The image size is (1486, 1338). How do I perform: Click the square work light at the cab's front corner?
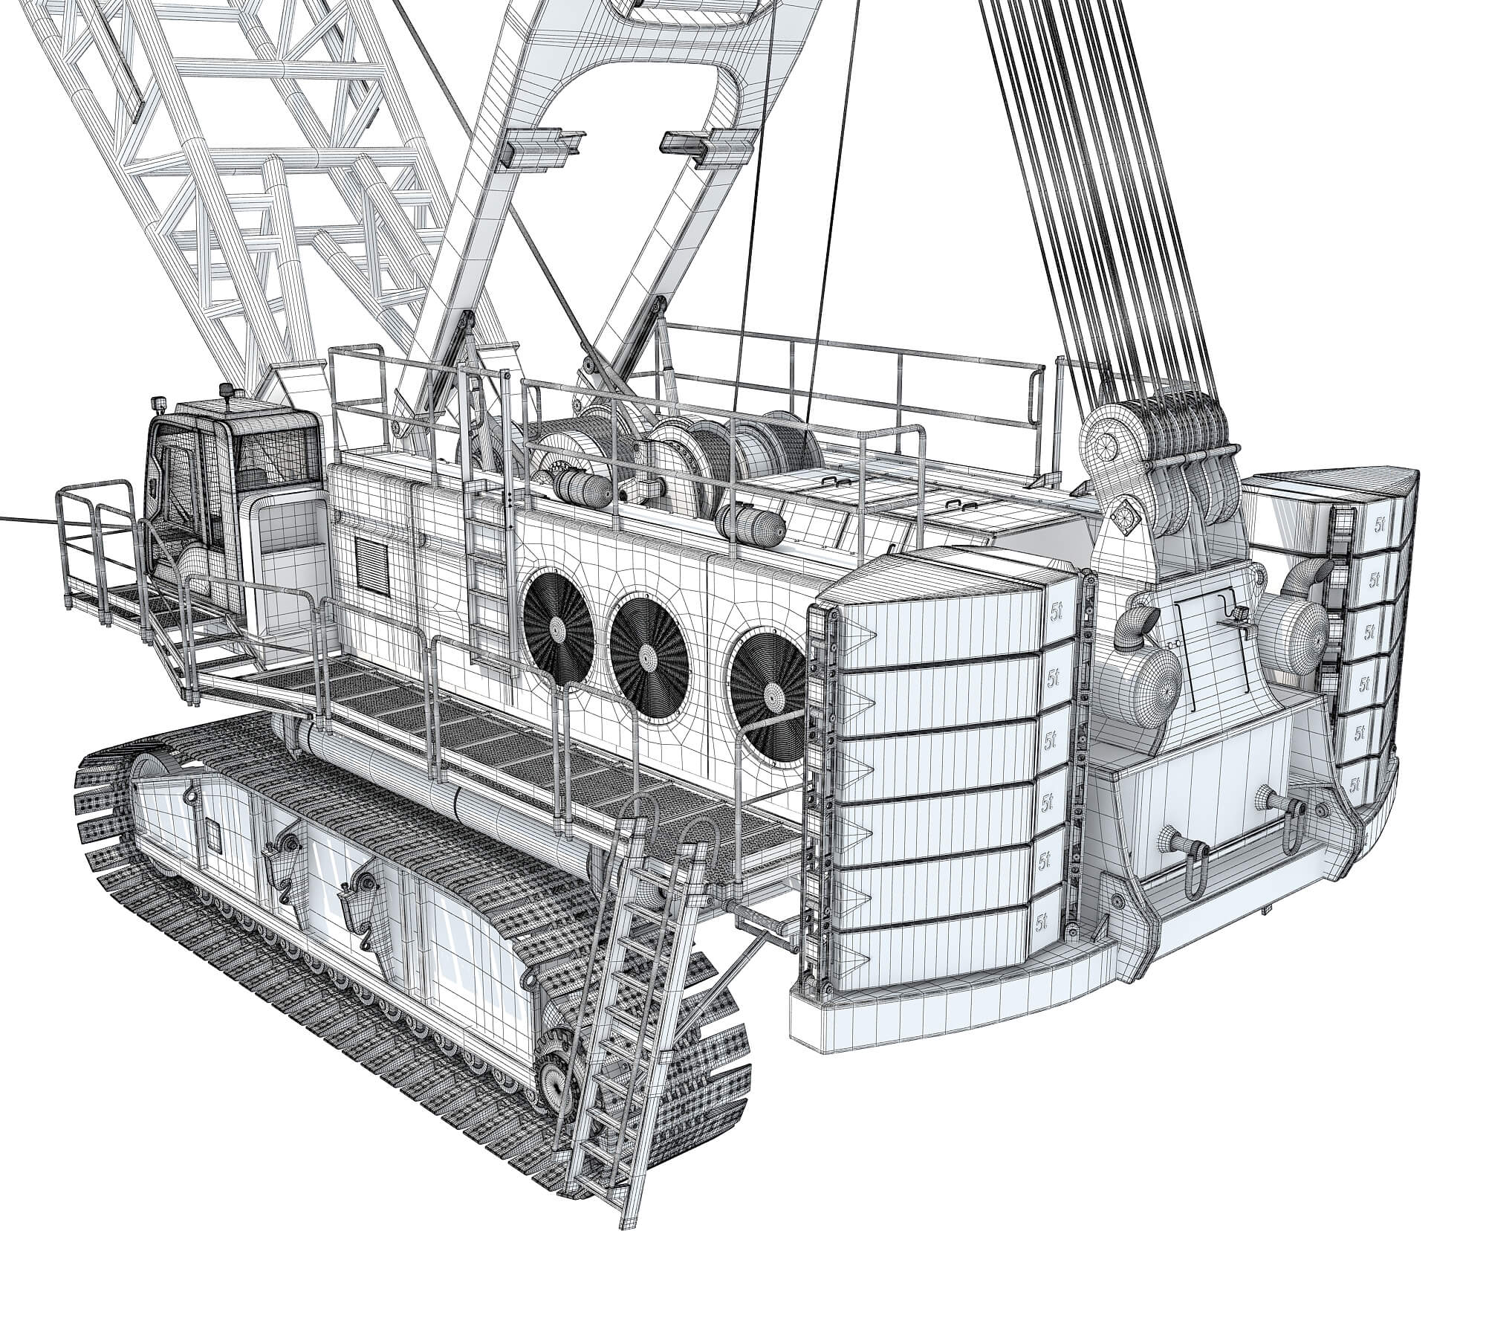[157, 403]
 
